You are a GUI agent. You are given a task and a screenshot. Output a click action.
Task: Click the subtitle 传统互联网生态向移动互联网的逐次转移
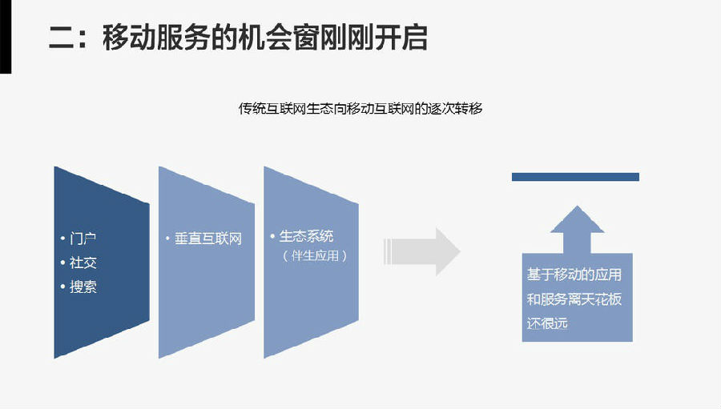[360, 108]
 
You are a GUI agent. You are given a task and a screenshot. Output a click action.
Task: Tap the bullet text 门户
[83, 239]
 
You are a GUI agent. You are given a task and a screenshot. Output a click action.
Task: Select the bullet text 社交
[83, 263]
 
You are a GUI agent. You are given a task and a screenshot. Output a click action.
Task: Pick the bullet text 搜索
[83, 287]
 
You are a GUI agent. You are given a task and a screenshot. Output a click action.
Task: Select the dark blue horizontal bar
[575, 177]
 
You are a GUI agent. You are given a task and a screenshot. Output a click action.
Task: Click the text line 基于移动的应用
[574, 275]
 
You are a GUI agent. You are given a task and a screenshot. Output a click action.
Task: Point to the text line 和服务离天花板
[574, 299]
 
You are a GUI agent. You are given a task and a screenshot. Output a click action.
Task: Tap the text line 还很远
[548, 323]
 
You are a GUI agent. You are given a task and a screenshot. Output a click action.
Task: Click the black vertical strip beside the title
[5, 36]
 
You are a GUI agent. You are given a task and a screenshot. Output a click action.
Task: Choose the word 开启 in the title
[400, 38]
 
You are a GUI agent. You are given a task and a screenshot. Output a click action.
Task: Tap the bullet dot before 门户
[62, 239]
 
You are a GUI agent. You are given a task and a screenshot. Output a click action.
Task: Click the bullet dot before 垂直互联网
[167, 239]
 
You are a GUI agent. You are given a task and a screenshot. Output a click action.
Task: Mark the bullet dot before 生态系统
[272, 236]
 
